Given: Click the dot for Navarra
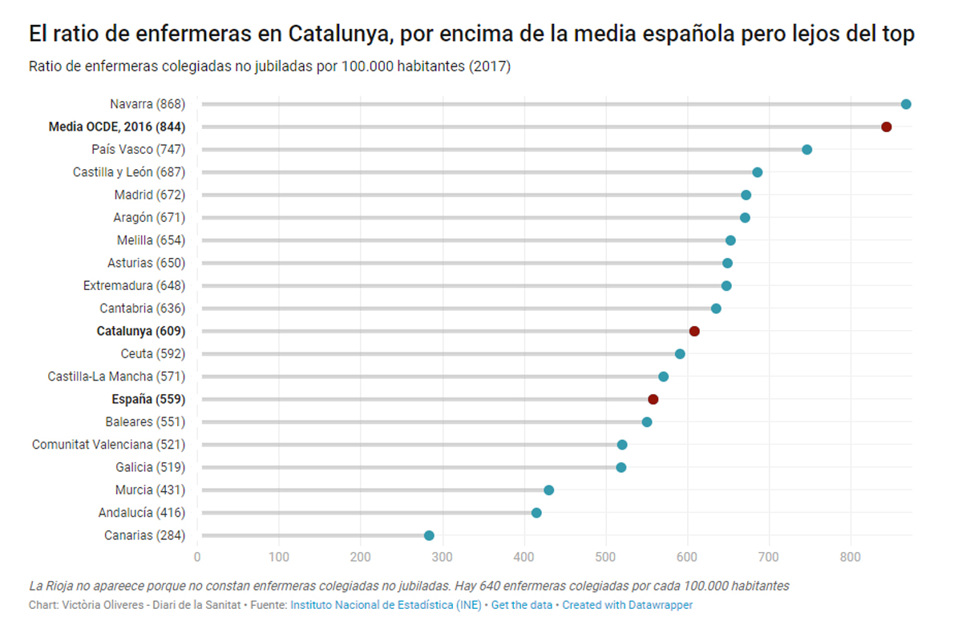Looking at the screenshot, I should (906, 104).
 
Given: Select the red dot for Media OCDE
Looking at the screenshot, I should (886, 127).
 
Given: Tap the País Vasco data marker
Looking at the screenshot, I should (806, 150).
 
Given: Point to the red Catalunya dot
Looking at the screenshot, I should (694, 331).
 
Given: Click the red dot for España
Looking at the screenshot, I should (653, 399).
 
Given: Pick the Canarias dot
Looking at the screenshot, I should (429, 535).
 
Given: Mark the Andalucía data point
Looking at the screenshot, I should (536, 513).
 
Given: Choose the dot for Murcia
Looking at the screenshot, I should (548, 490).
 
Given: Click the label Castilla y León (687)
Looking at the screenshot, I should (129, 172).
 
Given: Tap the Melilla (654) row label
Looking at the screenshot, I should (151, 240).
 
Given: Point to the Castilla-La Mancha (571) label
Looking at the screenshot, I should (116, 377).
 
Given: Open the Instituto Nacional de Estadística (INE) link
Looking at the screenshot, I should (386, 606).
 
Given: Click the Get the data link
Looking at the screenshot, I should (522, 606).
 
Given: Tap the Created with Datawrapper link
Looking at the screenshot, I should (627, 606).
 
